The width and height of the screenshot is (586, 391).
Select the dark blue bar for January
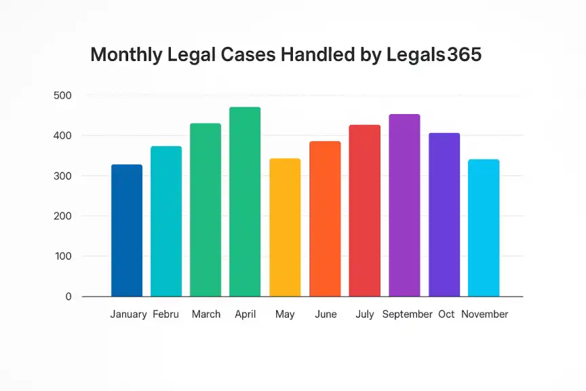tap(127, 230)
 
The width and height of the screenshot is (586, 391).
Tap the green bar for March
tap(206, 210)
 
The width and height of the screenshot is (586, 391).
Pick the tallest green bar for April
tap(245, 202)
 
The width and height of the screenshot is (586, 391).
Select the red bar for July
tap(364, 210)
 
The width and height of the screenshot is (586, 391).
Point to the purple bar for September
tap(404, 205)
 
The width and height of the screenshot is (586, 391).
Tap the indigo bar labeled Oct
tap(444, 215)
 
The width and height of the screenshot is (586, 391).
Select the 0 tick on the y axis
tap(69, 297)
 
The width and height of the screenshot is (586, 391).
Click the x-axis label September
tap(407, 314)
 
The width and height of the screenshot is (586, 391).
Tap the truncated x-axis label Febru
tap(166, 314)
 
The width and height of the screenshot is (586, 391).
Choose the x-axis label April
tap(245, 314)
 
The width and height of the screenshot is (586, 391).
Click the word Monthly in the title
tap(126, 56)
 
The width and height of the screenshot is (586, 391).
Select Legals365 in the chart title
tap(434, 56)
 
